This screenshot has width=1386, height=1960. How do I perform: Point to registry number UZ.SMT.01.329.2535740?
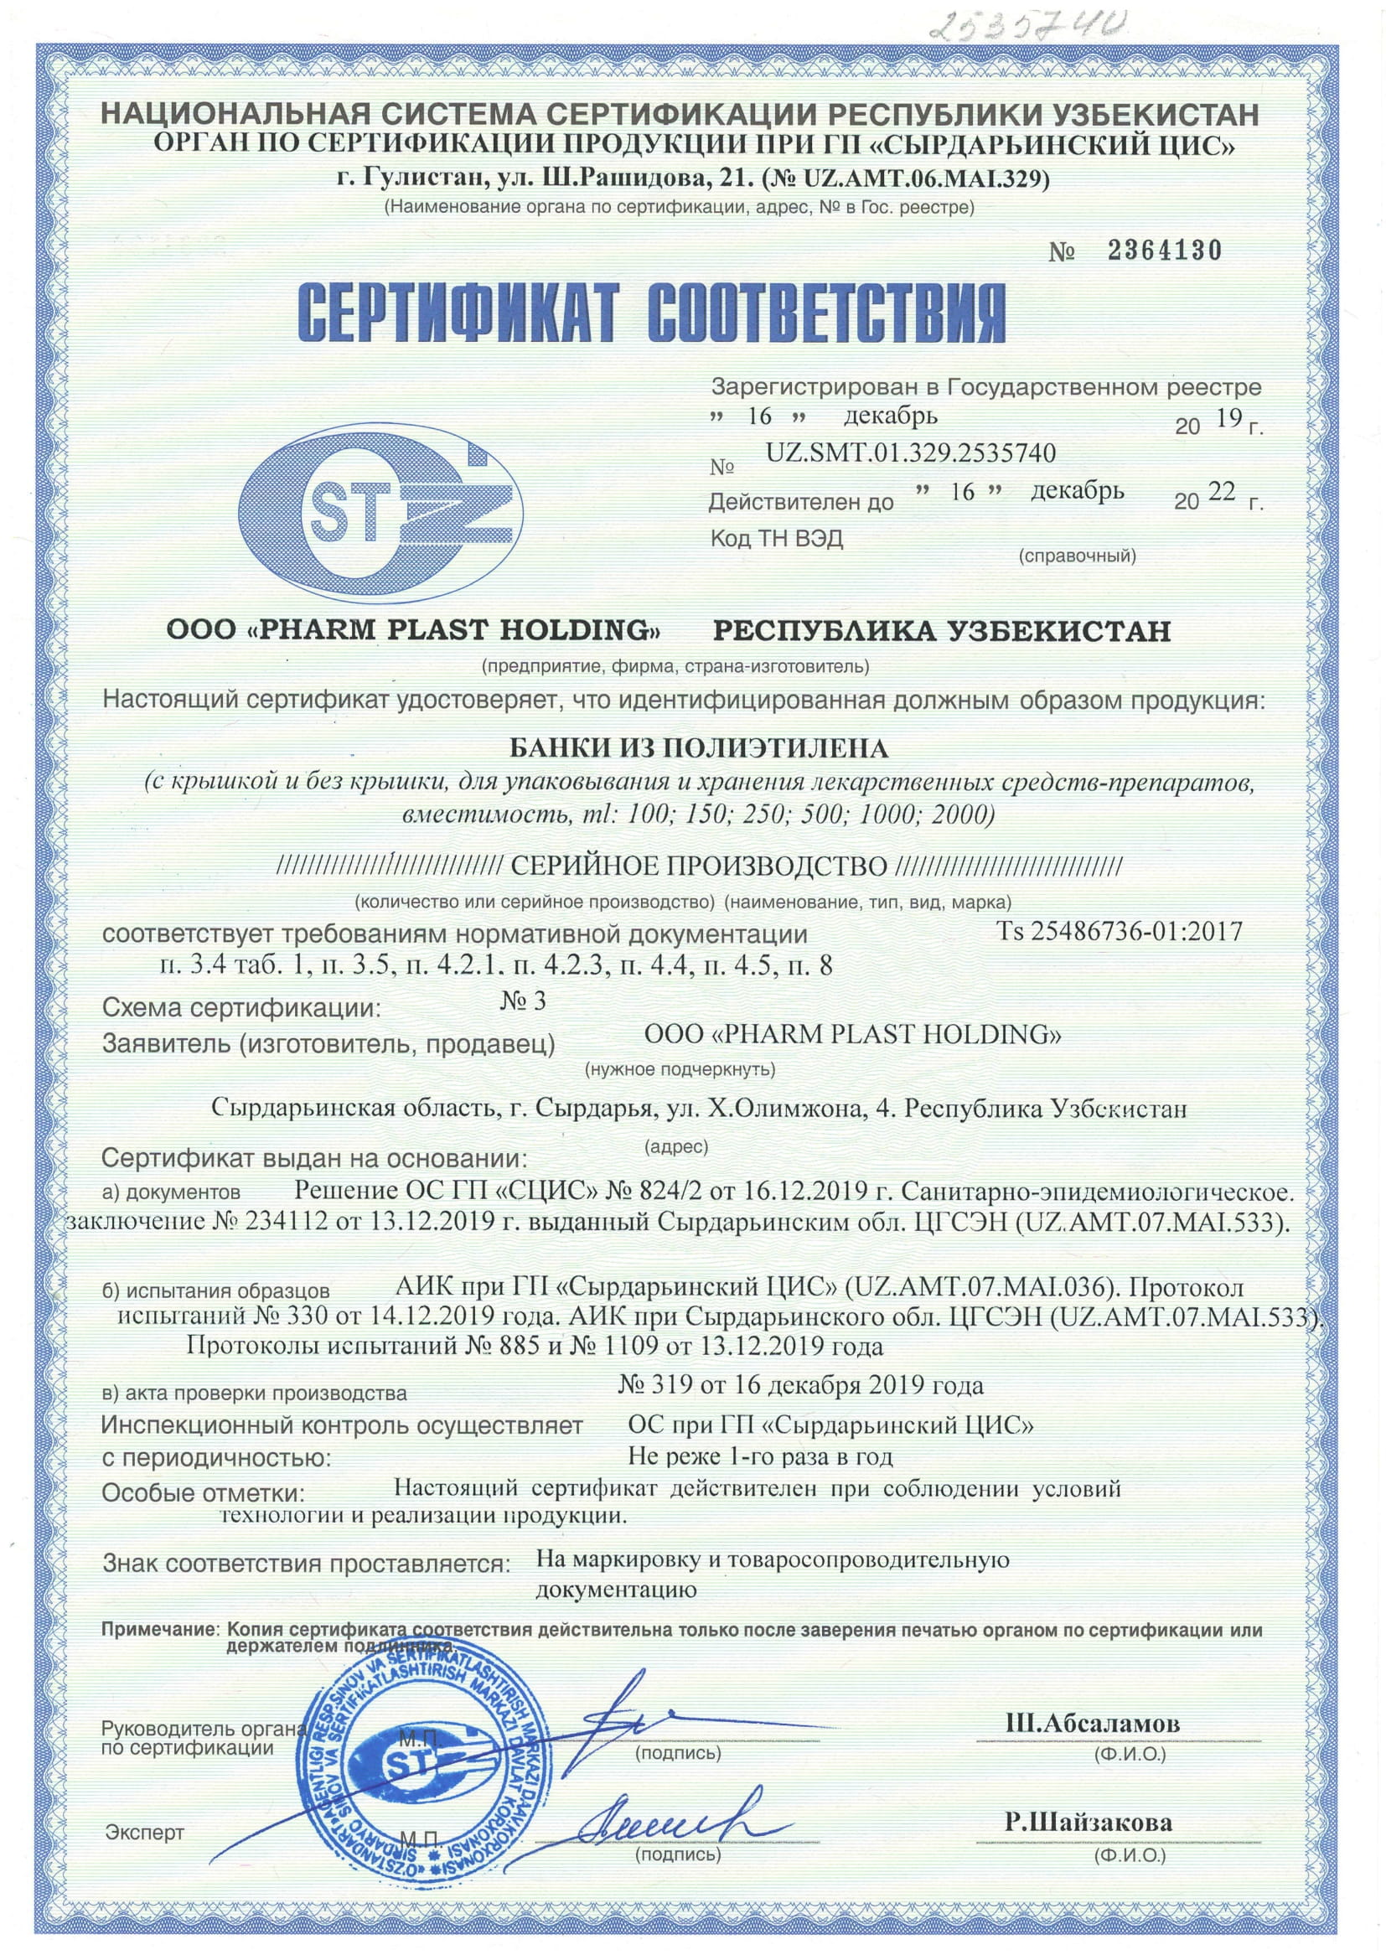click(911, 453)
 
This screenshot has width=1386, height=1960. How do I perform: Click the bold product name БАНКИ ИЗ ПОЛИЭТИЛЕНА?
click(699, 748)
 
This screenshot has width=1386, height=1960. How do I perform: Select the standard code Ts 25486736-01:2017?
click(1119, 930)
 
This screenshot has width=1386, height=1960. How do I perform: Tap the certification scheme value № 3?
click(522, 1001)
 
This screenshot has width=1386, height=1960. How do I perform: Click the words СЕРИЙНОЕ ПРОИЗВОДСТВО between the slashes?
click(699, 867)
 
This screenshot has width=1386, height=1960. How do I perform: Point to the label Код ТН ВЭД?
click(777, 540)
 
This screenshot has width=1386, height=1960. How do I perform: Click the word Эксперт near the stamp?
click(144, 1832)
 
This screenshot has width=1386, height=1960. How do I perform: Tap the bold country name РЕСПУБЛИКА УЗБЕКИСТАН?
click(941, 631)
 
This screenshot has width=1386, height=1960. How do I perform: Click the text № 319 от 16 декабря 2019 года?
click(800, 1384)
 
